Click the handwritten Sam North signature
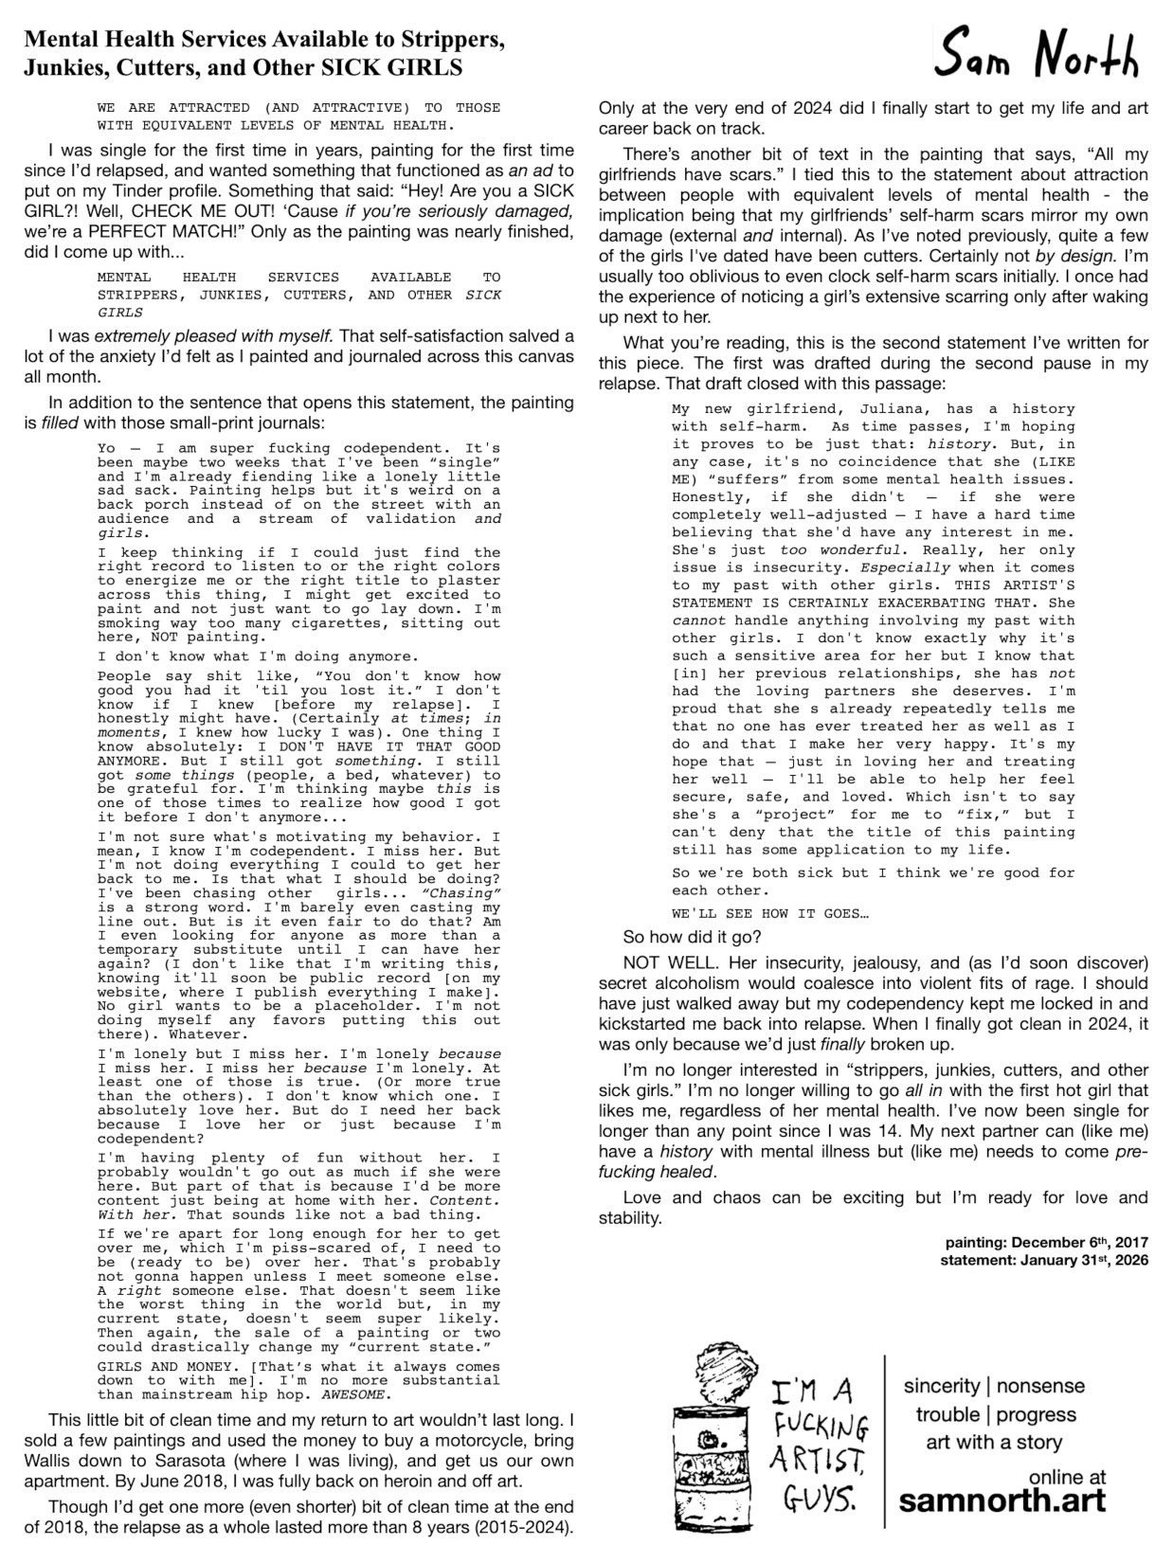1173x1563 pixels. (1037, 60)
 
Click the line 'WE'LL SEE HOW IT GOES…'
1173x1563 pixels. (768, 914)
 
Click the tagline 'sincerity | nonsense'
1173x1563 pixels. (994, 1386)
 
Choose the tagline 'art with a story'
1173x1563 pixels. (994, 1443)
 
